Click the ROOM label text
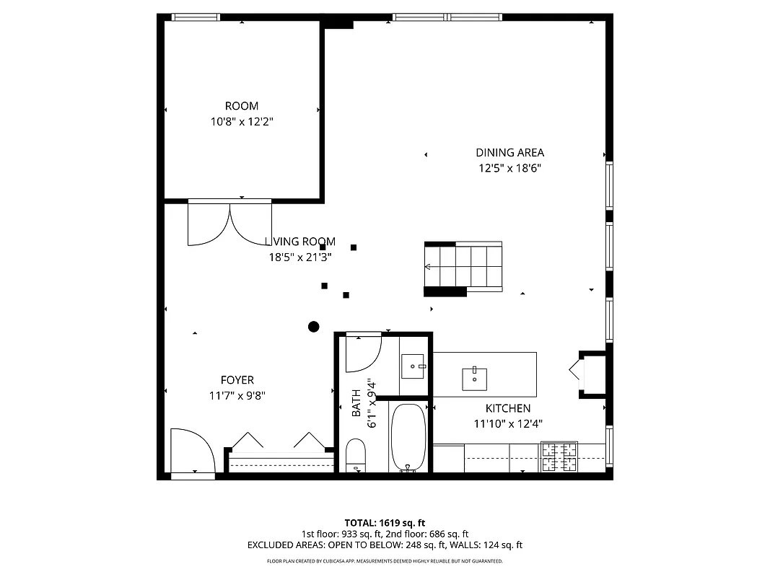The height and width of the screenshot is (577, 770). pos(241,106)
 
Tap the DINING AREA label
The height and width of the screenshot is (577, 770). pos(509,152)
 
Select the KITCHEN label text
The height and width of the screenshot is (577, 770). pos(507,408)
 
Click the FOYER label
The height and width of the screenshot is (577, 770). pos(237,380)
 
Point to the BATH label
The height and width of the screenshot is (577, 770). pos(356,404)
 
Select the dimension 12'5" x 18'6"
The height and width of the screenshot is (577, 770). pos(509,168)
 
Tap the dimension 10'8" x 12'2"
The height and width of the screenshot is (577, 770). pos(241,122)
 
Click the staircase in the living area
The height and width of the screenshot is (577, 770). pos(463,268)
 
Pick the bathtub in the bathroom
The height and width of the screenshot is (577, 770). pos(408,437)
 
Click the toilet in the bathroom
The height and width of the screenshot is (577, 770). pos(356,455)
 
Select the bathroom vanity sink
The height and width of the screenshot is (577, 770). pos(414,366)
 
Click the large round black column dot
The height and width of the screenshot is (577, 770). pos(313,327)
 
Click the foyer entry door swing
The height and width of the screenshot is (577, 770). pos(191,451)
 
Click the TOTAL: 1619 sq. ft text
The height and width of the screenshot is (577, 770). pos(385,522)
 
